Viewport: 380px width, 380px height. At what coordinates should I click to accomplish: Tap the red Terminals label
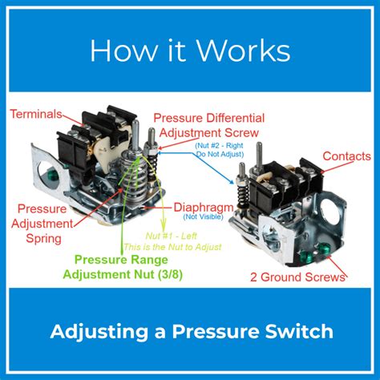pos(38,115)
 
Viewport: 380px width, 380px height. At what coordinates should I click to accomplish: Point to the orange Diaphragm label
pos(202,205)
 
